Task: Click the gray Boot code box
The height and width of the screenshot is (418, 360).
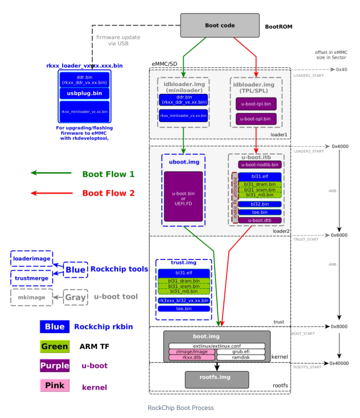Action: (x=220, y=26)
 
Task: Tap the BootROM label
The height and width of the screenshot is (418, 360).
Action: (x=279, y=26)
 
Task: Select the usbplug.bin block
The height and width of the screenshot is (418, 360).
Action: (x=85, y=93)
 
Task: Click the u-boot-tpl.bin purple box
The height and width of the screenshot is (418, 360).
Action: (x=256, y=104)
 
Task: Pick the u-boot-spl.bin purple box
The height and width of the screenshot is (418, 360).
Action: (x=256, y=119)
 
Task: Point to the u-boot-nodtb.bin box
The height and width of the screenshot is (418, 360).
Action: (x=260, y=164)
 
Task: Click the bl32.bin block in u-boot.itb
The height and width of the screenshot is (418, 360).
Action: (x=259, y=204)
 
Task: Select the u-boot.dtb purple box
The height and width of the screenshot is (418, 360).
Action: (x=259, y=220)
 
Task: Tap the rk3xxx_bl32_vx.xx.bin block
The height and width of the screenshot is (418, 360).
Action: (x=184, y=300)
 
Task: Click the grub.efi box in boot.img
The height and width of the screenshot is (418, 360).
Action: (x=241, y=352)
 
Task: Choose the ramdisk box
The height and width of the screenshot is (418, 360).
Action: (x=241, y=358)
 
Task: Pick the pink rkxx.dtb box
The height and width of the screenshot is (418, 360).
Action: (x=192, y=358)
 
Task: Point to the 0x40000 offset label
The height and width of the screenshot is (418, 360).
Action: (x=339, y=363)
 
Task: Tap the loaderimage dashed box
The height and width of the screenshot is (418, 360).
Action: (x=31, y=259)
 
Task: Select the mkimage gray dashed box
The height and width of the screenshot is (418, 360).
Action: (x=31, y=297)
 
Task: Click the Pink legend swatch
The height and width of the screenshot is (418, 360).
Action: (x=55, y=386)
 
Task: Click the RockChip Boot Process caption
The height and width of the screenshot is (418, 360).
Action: (x=180, y=408)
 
